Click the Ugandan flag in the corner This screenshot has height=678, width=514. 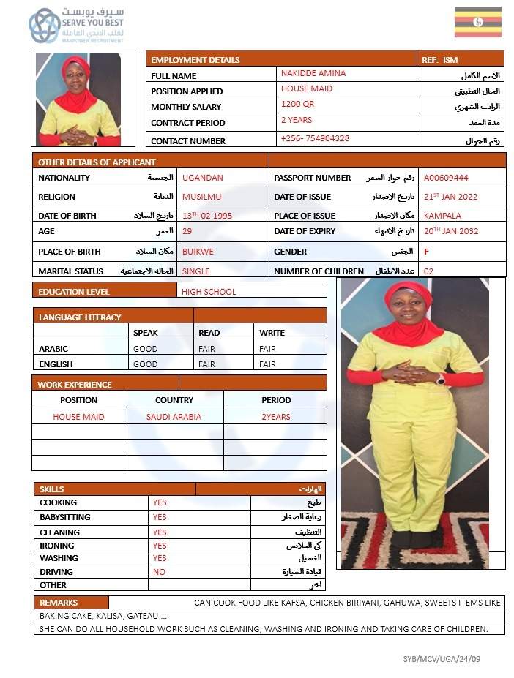tap(477, 22)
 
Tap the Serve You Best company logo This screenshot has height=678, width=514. tap(76, 26)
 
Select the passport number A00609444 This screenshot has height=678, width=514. tap(446, 178)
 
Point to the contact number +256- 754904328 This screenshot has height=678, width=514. tap(315, 138)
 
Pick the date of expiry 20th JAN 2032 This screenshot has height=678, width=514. tap(451, 231)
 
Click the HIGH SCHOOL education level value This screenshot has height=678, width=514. tap(209, 292)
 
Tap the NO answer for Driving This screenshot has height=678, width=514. tap(159, 572)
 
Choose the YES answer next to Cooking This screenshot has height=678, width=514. tap(160, 502)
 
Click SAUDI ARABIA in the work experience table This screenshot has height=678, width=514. tap(174, 417)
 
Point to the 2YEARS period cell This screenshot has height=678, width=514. tap(275, 417)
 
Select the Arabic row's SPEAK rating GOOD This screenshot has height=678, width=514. tap(145, 349)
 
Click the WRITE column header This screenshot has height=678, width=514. tap(272, 333)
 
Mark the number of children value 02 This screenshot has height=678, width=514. tap(428, 271)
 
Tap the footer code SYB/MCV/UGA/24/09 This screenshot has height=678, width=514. tap(442, 659)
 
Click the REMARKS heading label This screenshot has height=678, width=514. tap(53, 603)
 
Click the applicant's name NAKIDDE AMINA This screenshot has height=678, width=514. tap(313, 73)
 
